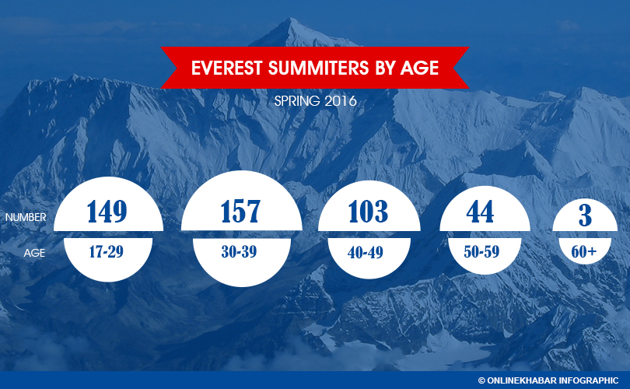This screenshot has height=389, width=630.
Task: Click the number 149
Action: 107,211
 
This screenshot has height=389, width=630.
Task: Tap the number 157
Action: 240,211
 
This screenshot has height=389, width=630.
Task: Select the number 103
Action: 369,211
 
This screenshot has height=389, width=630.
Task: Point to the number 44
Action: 480,212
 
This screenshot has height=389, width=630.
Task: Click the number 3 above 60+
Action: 585,215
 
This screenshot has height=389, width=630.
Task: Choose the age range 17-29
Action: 106,251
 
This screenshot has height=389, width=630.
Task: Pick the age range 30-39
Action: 239,251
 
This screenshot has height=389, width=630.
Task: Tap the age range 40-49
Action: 366,252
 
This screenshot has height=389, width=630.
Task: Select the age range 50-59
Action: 481,252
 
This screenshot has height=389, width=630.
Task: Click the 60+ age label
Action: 584,252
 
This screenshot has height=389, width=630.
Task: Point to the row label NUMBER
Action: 26,217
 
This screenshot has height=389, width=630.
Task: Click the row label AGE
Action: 34,253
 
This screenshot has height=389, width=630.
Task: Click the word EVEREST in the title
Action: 227,68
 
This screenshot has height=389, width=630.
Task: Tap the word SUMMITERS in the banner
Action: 319,68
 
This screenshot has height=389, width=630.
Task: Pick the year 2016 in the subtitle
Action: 341,100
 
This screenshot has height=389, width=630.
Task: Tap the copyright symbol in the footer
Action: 481,380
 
